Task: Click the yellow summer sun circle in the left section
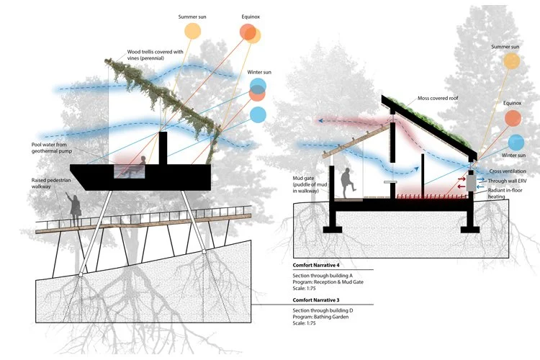[193, 31]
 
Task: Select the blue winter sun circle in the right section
[516, 142]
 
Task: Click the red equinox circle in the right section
[513, 118]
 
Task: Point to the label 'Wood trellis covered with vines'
[155, 55]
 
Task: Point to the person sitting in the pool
[143, 163]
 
